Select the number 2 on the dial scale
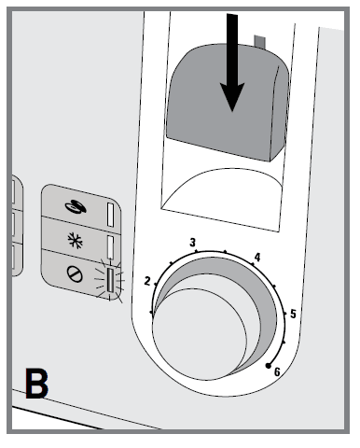point(147,279)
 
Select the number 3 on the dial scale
point(193,243)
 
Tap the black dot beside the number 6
point(269,362)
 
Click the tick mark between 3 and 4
point(225,251)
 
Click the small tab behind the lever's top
point(258,43)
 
